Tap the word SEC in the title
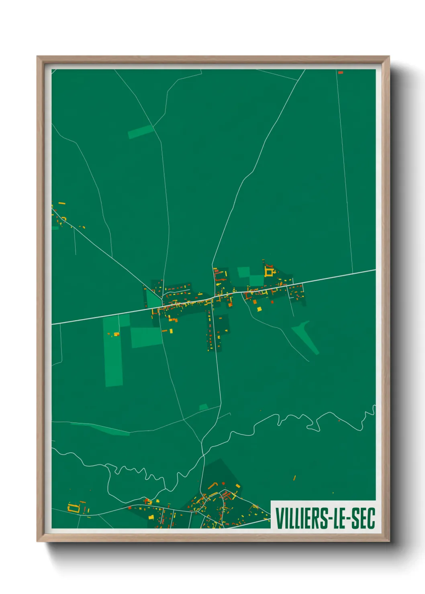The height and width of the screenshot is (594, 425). tap(363, 518)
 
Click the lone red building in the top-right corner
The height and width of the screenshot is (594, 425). tap(340, 73)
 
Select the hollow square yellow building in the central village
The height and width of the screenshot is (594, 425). tap(269, 272)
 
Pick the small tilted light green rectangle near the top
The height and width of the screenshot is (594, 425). tap(141, 131)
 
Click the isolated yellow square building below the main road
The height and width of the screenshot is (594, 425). tap(259, 309)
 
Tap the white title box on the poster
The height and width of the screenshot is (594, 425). tap(323, 515)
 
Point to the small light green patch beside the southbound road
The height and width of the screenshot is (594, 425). tap(204, 407)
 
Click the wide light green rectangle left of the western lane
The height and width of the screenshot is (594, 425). tap(146, 337)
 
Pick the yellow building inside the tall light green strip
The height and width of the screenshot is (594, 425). tap(116, 334)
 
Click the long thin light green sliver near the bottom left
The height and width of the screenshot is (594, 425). tap(100, 429)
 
